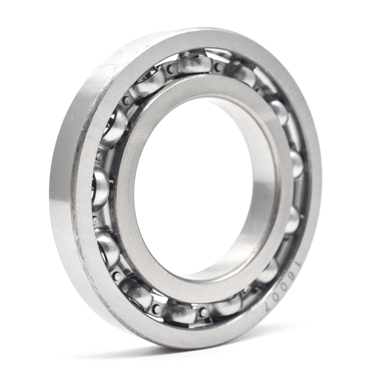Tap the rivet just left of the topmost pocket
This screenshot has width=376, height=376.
click(x=171, y=69)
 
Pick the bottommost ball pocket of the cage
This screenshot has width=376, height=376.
click(x=179, y=313)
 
